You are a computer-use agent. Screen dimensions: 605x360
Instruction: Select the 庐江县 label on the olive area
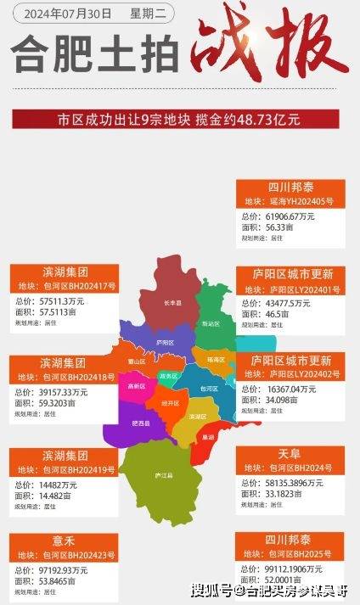coord(158,475)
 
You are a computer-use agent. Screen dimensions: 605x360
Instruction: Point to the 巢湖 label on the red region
coord(208,437)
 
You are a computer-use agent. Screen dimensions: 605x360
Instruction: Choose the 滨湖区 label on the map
coord(197,417)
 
